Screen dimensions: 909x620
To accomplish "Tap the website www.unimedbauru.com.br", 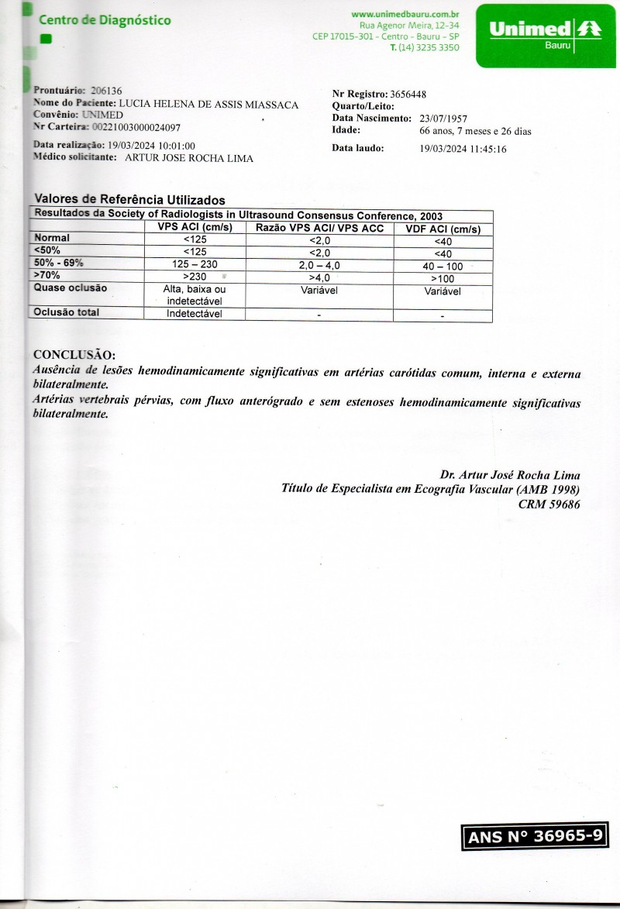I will point(405,14).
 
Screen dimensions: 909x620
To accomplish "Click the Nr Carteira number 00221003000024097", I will point(136,127).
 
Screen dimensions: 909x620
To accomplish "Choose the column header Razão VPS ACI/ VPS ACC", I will point(319,228).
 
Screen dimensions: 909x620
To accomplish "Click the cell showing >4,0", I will point(319,277).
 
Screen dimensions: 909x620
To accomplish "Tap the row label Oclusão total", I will point(67,312).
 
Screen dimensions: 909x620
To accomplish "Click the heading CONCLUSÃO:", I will point(74,356).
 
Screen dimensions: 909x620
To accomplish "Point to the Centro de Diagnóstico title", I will point(105,20).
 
